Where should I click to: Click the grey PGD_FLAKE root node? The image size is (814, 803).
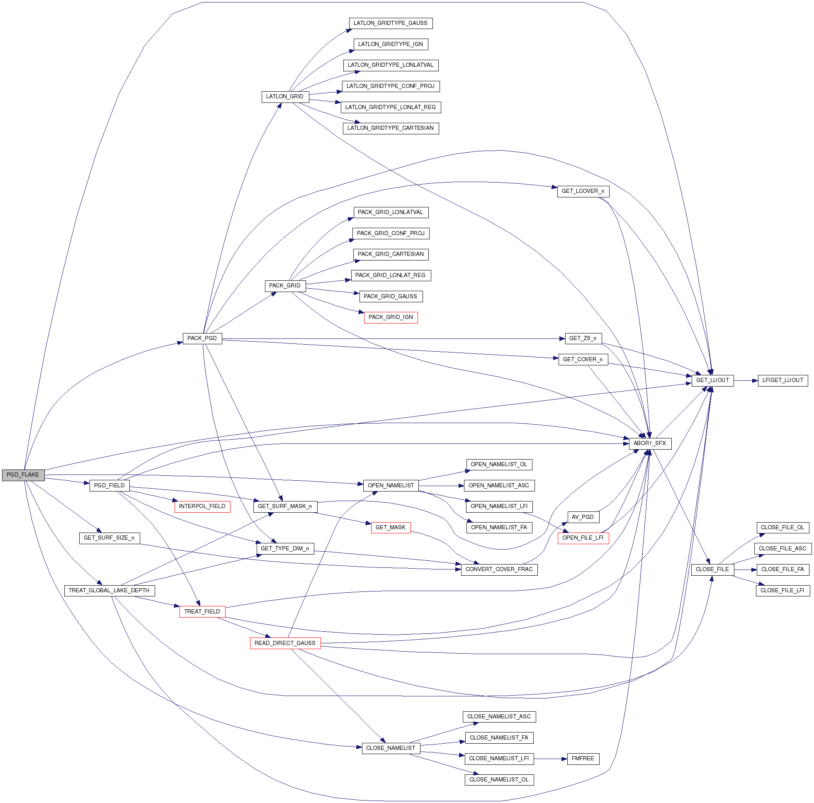click(23, 474)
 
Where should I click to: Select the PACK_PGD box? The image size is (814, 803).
click(202, 338)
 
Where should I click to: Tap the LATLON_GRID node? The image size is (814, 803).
click(285, 97)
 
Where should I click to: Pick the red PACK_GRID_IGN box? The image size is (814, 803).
click(391, 317)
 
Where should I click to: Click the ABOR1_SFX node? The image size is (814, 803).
click(650, 443)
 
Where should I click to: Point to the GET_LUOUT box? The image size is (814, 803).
click(712, 380)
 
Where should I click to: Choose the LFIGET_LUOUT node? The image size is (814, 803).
click(782, 380)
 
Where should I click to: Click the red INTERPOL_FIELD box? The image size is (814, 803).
click(202, 506)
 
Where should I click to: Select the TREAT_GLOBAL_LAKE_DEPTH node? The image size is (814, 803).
click(109, 590)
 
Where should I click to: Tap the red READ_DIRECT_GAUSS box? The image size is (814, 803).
click(285, 643)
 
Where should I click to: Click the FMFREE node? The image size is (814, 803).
click(583, 758)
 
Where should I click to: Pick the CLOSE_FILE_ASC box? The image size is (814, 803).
click(782, 548)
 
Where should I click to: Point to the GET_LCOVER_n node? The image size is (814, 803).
click(583, 191)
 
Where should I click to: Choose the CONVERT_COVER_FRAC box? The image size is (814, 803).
click(499, 569)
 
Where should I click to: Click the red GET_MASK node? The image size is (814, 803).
click(391, 527)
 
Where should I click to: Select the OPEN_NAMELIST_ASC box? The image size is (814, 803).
click(499, 485)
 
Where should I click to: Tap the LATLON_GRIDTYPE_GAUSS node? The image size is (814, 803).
click(391, 23)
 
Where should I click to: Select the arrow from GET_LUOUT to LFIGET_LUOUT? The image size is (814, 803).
click(745, 380)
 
